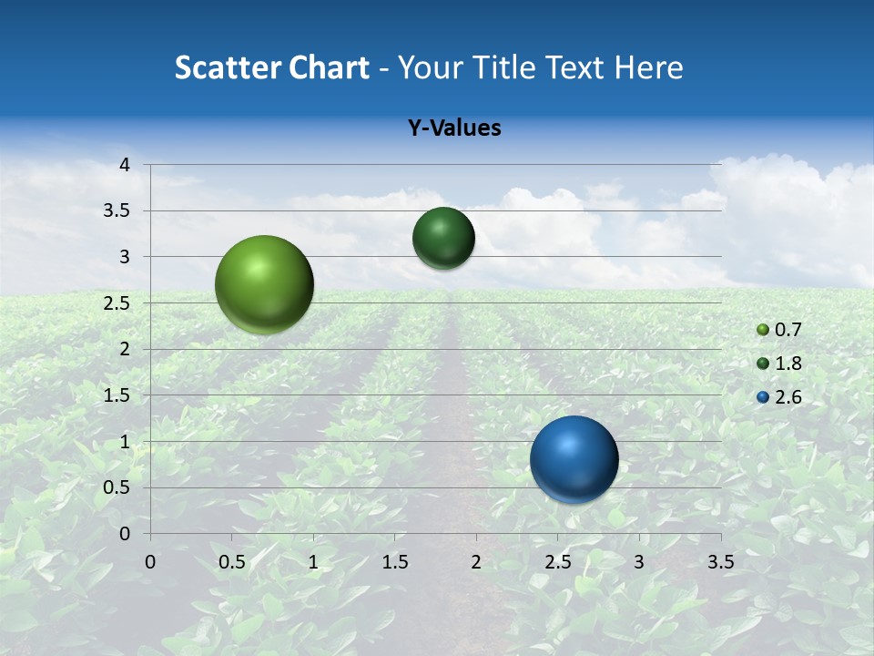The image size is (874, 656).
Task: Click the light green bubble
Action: (265, 284)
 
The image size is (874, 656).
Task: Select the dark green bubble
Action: (443, 238)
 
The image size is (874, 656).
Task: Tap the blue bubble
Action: (574, 459)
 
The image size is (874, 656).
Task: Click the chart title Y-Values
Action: (454, 128)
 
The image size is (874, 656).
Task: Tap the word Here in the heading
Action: (649, 67)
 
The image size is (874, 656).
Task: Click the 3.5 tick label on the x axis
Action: (720, 562)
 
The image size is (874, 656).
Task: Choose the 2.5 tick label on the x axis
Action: (557, 562)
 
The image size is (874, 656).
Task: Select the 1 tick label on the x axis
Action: (313, 562)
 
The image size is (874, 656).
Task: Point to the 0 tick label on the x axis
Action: (150, 562)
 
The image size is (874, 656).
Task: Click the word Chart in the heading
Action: (330, 67)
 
